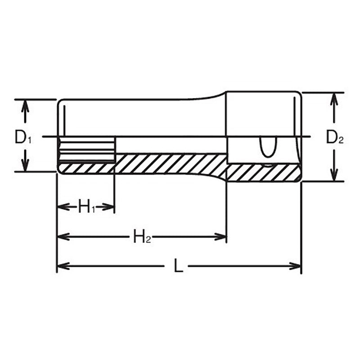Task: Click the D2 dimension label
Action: tap(334, 137)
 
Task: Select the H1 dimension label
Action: tap(86, 207)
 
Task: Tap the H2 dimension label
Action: tap(141, 237)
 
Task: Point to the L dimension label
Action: tap(178, 266)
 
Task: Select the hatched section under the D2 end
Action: tap(263, 172)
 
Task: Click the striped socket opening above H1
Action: tap(87, 150)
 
